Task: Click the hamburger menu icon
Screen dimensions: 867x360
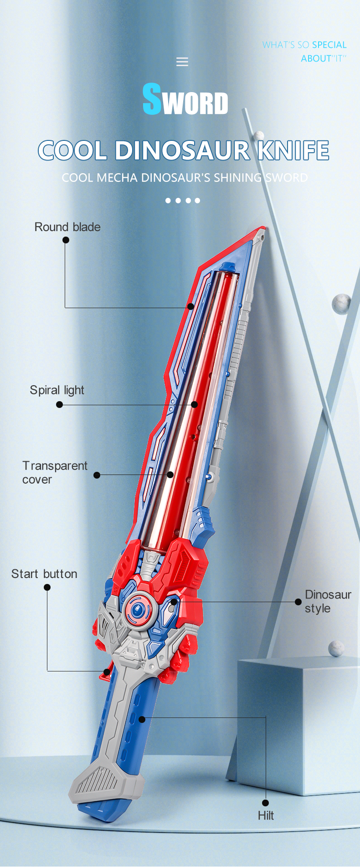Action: coord(182,62)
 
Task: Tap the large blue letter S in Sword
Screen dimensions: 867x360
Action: coord(152,99)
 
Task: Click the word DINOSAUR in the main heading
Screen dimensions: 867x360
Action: coord(182,150)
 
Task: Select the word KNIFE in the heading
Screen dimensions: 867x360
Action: coord(293,150)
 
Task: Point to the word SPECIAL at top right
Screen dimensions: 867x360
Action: coord(329,45)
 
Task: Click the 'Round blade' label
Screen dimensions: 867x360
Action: coord(67,227)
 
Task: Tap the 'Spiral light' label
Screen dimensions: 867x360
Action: coord(57,390)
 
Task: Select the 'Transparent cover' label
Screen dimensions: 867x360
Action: coord(54,472)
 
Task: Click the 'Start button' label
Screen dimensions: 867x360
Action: coord(44,574)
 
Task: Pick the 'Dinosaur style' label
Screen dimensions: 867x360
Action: coord(328,601)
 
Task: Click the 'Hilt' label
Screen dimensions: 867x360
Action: coord(266,815)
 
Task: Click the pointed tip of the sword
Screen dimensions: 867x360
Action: coord(262,230)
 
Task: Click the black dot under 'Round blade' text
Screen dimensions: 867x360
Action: coord(66,240)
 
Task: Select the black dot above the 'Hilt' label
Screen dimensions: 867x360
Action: coord(266,803)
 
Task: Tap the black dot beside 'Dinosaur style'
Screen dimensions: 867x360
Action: coord(298,602)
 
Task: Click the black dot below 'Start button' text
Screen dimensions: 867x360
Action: coord(47,587)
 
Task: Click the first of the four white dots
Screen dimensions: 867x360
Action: coord(168,201)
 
